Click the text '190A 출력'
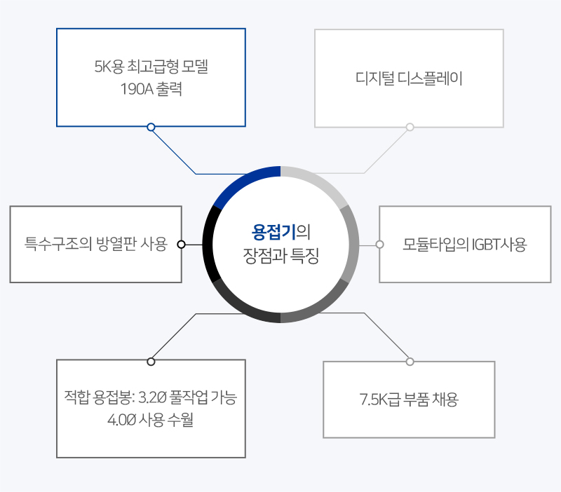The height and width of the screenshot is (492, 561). [x=151, y=89]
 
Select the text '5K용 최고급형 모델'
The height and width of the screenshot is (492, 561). [x=151, y=67]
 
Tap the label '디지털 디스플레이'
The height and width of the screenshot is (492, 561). [x=409, y=78]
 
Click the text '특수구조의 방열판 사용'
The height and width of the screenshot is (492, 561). [x=96, y=244]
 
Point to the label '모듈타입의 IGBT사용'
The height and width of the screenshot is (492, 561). [x=465, y=245]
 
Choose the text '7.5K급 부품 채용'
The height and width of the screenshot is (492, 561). [x=409, y=399]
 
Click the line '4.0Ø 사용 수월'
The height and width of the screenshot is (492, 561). [x=151, y=419]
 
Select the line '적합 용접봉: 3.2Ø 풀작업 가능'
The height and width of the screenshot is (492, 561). [x=151, y=397]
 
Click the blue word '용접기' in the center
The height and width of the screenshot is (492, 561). [x=273, y=232]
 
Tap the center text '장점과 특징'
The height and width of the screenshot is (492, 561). [x=281, y=256]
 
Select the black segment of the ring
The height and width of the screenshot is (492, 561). [x=208, y=244]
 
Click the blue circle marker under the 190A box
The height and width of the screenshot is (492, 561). [x=151, y=127]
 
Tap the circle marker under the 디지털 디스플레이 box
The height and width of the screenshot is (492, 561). [x=410, y=127]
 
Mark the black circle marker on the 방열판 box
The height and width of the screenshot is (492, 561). [x=182, y=244]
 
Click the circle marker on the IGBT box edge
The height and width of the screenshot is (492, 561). [x=379, y=244]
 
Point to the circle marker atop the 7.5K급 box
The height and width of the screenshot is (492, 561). [x=410, y=362]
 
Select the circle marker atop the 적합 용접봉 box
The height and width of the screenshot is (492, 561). [x=151, y=362]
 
